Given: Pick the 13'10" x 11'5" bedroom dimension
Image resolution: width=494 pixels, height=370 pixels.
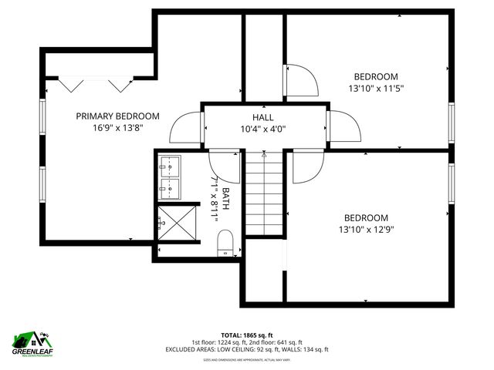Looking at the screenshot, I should point(376,88).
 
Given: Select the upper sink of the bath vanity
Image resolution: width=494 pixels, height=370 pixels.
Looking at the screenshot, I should point(170,165).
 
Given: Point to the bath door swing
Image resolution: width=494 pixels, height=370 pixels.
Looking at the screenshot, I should point(225,166).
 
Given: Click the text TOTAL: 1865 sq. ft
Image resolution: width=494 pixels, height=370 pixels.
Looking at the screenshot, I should point(247,335).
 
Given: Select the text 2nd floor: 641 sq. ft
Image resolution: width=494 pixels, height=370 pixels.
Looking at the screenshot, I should point(279,342).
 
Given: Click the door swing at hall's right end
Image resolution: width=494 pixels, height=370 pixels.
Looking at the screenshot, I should point(345,126).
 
